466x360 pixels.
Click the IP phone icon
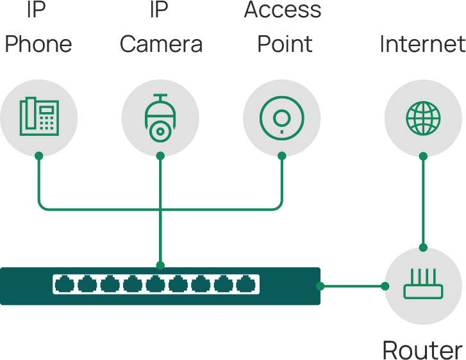pyautogui.click(x=38, y=117)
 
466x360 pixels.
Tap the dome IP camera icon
pyautogui.click(x=160, y=117)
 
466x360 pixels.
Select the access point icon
pyautogui.click(x=281, y=117)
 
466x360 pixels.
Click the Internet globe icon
pyautogui.click(x=422, y=118)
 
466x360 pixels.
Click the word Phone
pyautogui.click(x=38, y=44)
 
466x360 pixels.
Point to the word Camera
pyautogui.click(x=161, y=44)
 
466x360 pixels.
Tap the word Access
pyautogui.click(x=283, y=10)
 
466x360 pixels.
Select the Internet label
pyautogui.click(x=422, y=44)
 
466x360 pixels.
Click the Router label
pyautogui.click(x=422, y=350)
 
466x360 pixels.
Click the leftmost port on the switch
pyautogui.click(x=64, y=284)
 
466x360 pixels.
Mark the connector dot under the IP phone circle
pyautogui.click(x=38, y=156)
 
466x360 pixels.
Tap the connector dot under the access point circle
pyautogui.click(x=281, y=156)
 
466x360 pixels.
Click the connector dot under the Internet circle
pyautogui.click(x=422, y=156)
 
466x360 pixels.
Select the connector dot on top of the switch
pyautogui.click(x=160, y=265)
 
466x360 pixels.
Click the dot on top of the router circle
pyautogui.click(x=422, y=247)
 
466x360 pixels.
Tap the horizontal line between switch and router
pyautogui.click(x=352, y=286)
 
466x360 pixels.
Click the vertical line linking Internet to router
pyautogui.click(x=422, y=202)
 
